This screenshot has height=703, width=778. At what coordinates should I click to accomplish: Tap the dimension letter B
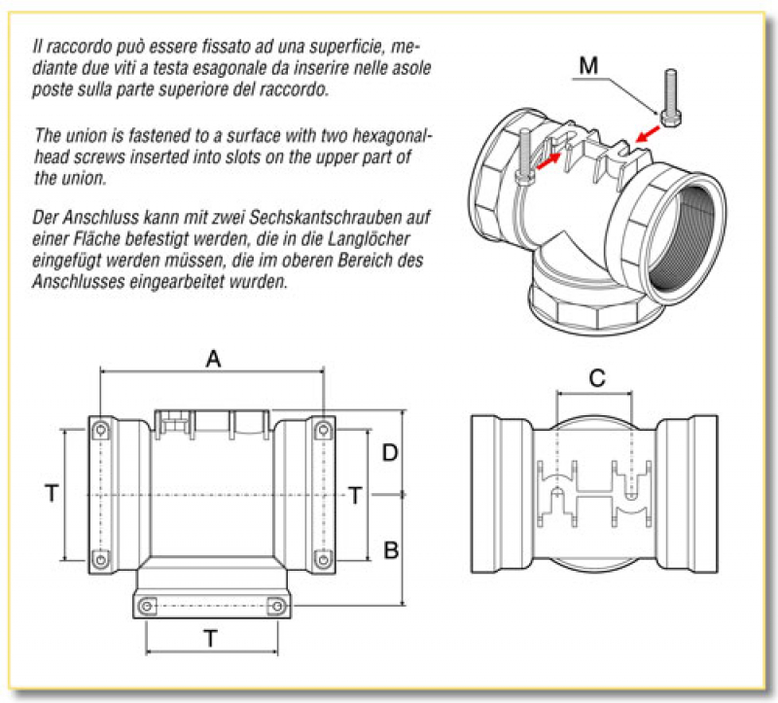tap(391, 549)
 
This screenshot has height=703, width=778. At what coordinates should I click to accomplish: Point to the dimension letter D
tap(390, 452)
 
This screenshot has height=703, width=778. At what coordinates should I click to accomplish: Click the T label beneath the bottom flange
tap(211, 638)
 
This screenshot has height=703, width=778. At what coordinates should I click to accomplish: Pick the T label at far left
tap(51, 494)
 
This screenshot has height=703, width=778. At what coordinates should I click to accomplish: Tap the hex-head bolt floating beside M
tap(669, 97)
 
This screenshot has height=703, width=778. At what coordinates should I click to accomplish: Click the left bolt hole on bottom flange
tap(147, 606)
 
